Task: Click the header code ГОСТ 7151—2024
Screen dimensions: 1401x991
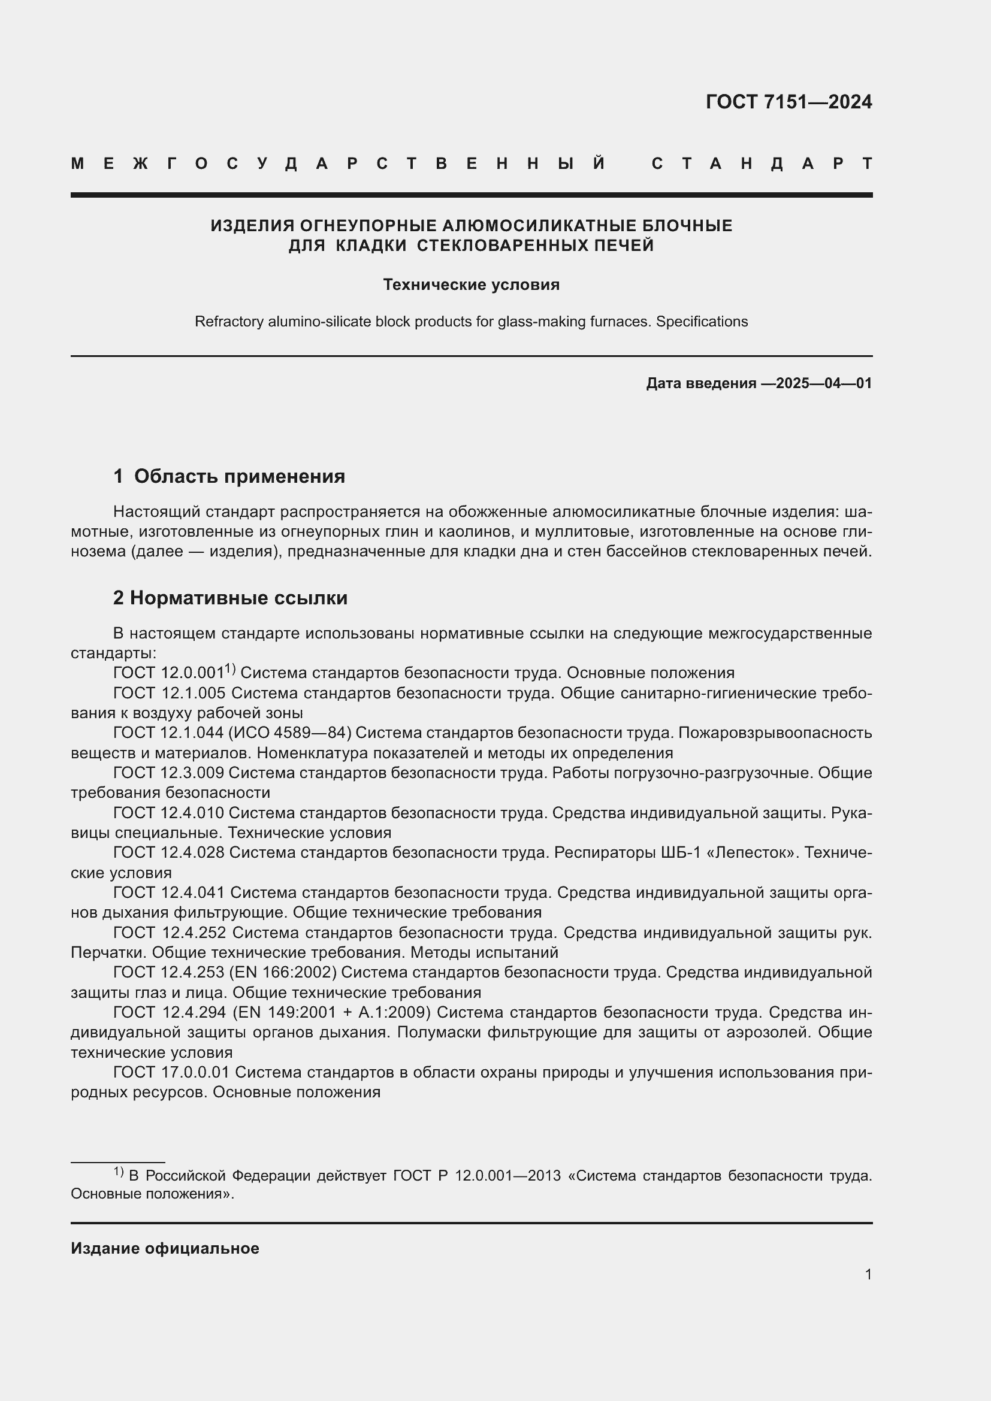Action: click(788, 102)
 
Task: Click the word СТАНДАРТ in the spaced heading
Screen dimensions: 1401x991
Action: click(762, 164)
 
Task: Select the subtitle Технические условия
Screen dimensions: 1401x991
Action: click(471, 285)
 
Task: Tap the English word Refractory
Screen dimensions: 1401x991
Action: click(229, 322)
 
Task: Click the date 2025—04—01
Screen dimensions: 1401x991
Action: click(824, 383)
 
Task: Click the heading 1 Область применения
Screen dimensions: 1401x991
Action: click(229, 476)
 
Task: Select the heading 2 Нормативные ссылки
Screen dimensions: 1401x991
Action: click(230, 597)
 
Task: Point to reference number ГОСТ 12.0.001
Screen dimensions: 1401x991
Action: click(168, 673)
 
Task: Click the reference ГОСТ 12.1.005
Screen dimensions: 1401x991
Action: click(170, 693)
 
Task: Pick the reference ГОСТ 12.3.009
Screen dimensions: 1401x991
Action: click(168, 773)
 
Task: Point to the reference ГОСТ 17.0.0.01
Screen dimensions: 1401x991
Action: click(171, 1072)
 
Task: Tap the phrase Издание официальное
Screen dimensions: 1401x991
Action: click(165, 1248)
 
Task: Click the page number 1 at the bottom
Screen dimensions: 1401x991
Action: click(868, 1274)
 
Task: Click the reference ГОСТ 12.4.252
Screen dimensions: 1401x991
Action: click(170, 933)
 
